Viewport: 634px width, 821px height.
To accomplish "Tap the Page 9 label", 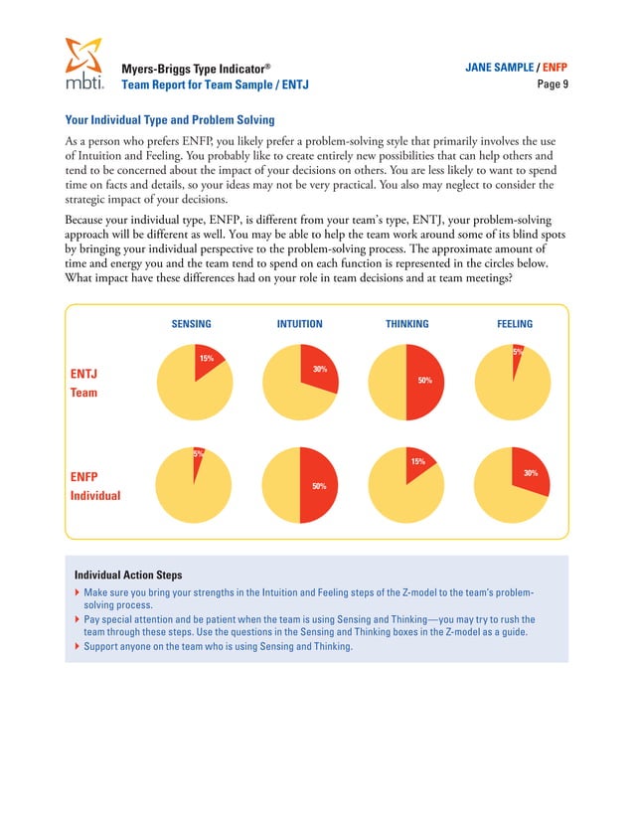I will pos(552,84).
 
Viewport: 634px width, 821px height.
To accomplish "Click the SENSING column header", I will pos(191,324).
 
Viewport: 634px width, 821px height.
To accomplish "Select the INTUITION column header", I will pos(299,324).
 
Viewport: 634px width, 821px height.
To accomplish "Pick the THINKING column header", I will pos(406,324).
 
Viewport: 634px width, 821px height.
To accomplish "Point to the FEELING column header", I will pos(514,324).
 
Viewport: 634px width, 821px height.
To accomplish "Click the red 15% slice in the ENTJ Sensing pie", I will pos(210,360).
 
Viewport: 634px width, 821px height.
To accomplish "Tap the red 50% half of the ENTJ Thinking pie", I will pos(424,382).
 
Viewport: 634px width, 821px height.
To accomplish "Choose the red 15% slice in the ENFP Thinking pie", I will pos(416,464).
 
